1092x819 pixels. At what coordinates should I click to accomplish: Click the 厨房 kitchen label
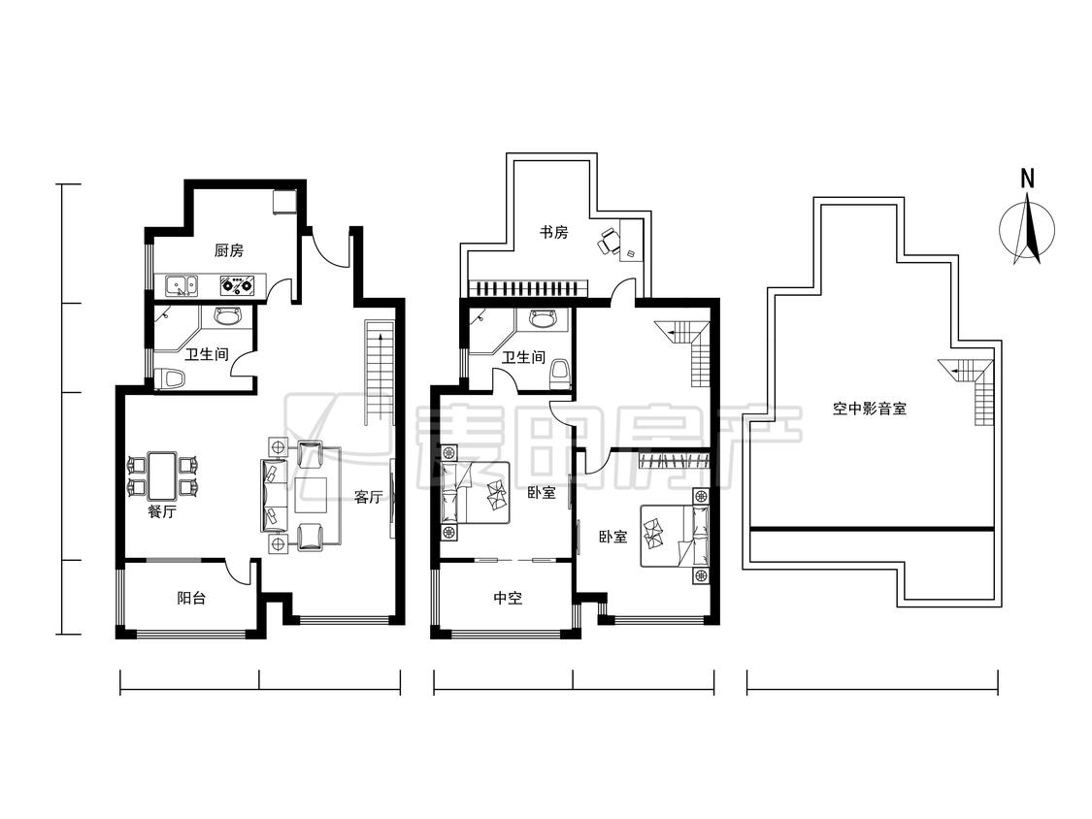229,250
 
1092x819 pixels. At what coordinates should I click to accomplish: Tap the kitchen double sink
182,285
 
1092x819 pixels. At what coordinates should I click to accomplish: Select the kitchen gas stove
237,285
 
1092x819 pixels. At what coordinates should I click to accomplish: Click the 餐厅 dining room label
161,512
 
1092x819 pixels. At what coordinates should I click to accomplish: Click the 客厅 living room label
368,497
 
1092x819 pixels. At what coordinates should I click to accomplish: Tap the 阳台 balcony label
191,598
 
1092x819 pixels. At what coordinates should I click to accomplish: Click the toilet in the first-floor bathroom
170,379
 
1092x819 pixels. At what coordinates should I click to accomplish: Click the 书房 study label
553,232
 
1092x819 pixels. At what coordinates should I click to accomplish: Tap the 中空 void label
508,598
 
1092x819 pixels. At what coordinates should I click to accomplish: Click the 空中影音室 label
869,409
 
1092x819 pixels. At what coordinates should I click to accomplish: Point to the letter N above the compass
1027,179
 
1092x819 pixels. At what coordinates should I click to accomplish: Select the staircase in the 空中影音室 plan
973,390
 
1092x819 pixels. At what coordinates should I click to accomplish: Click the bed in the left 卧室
476,493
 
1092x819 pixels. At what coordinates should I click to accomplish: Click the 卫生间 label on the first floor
206,354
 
